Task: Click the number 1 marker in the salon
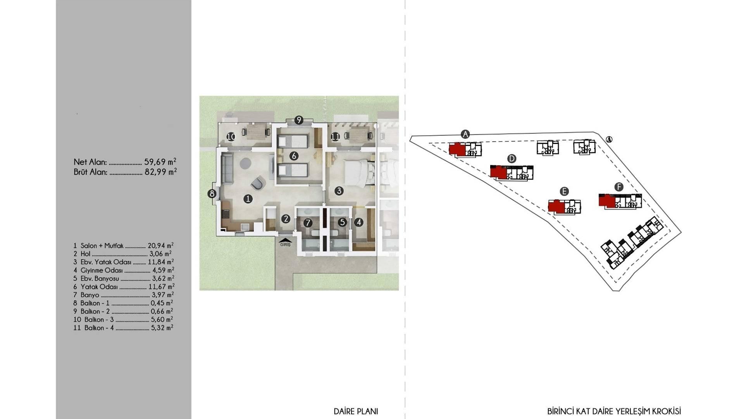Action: (248, 199)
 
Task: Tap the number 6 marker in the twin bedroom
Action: (294, 156)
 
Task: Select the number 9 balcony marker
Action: (298, 120)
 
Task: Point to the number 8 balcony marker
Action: (212, 193)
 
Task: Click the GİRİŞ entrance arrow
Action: (285, 241)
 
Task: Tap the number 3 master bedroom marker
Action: (339, 190)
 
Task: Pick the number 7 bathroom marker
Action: (308, 223)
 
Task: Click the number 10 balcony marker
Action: (231, 137)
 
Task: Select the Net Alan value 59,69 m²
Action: (160, 161)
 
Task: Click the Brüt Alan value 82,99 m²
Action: (160, 171)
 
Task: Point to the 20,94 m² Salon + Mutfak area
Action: (160, 246)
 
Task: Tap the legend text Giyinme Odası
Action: (102, 270)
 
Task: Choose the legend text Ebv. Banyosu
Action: (100, 279)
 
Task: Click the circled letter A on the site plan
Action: (465, 134)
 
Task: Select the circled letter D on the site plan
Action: (511, 158)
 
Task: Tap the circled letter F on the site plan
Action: (619, 187)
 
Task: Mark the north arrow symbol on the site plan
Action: (609, 140)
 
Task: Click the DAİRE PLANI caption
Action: (356, 411)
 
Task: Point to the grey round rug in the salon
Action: (245, 163)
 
